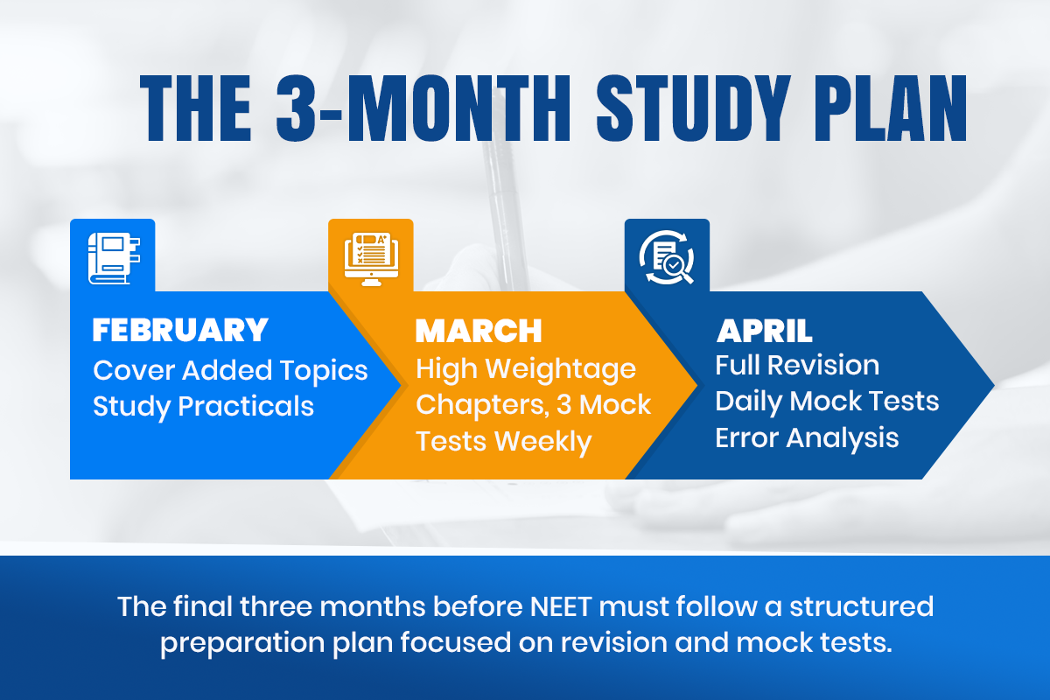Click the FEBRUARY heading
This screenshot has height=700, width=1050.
[180, 330]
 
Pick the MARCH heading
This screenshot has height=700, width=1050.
[479, 331]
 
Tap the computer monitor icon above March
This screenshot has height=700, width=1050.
[370, 255]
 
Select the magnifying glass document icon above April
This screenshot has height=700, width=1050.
[666, 255]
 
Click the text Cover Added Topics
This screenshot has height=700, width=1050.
[230, 370]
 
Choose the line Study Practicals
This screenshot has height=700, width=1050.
[203, 406]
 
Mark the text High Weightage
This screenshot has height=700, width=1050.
[525, 368]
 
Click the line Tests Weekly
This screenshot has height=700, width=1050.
[503, 441]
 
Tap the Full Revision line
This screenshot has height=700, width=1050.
[797, 364]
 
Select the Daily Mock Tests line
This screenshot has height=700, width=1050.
[827, 401]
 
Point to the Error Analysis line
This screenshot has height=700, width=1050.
[807, 437]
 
